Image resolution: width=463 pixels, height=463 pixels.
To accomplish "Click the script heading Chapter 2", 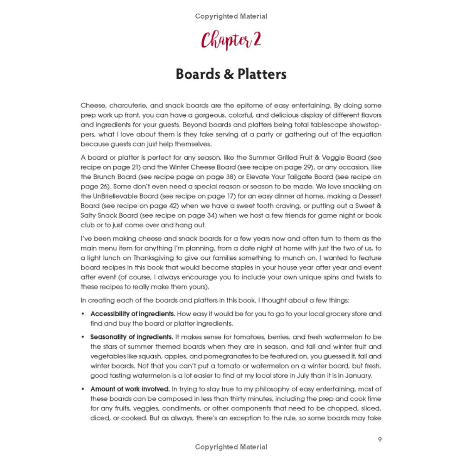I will tap(231, 41).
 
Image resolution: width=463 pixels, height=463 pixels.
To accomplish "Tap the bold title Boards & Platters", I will tap(231, 75).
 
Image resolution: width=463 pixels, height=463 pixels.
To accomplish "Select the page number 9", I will tap(380, 439).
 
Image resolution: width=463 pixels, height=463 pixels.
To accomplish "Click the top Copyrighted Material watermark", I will tap(231, 17).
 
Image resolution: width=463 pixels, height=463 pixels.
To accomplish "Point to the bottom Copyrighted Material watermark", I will tap(231, 447).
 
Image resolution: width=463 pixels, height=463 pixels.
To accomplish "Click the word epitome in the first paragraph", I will tap(271, 106).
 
